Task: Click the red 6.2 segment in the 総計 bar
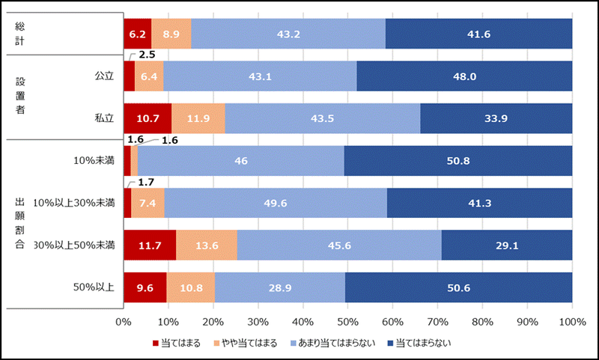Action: click(137, 34)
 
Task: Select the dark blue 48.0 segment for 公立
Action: click(464, 76)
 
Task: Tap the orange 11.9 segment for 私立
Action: click(198, 118)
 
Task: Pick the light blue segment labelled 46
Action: click(240, 160)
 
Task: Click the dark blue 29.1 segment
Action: click(507, 245)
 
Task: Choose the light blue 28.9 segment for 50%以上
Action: click(280, 287)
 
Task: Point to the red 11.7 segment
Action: click(150, 245)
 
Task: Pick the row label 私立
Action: click(103, 118)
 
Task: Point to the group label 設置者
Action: click(20, 97)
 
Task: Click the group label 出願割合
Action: click(20, 223)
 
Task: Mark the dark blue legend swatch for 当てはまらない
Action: click(389, 344)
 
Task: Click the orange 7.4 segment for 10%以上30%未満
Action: click(148, 203)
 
